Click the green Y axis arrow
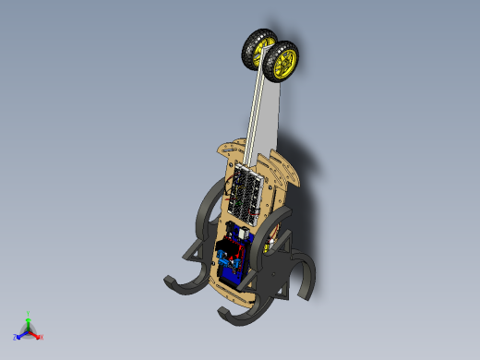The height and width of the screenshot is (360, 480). click(28, 318)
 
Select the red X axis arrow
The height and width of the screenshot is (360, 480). click(35, 333)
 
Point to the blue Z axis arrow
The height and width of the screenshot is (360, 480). click(21, 334)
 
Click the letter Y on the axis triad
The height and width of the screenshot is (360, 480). click(29, 313)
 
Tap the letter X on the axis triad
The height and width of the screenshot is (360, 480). click(42, 337)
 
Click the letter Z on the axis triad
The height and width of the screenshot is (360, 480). click(16, 338)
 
